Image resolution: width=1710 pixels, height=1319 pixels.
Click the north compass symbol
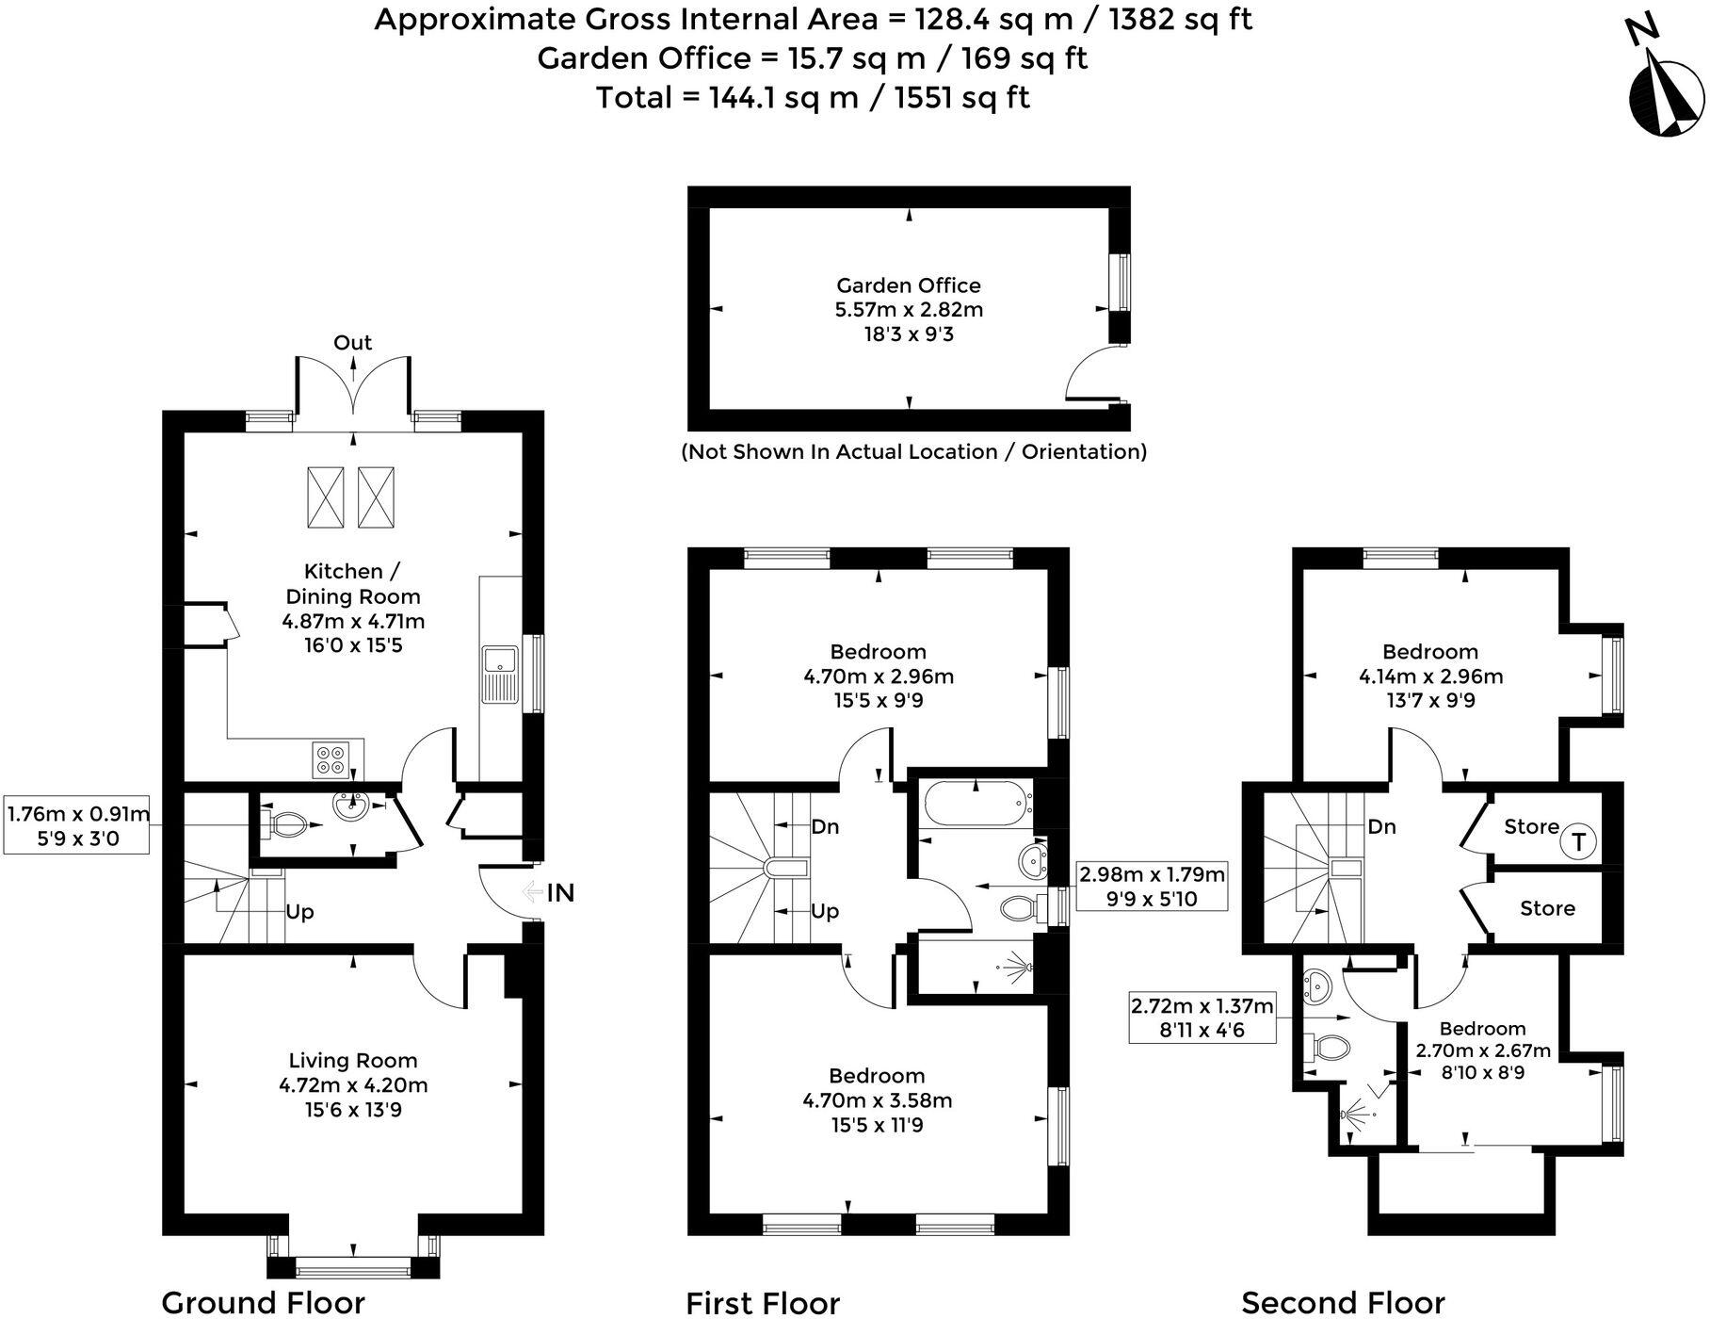pos(1665,90)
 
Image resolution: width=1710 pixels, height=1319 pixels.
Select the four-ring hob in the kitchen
pos(331,759)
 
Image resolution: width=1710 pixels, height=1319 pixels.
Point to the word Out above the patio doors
pos(352,343)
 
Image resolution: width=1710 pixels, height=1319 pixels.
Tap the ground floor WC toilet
pos(287,825)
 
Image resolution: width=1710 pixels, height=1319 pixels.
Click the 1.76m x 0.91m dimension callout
pos(77,825)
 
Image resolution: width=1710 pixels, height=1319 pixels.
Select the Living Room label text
pos(352,1084)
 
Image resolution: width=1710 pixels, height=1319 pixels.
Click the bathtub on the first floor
pos(976,804)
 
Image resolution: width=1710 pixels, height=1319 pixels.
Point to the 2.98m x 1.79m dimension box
pos(1152,886)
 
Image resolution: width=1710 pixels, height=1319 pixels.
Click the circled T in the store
pos(1578,841)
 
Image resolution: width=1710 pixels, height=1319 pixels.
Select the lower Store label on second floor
pos(1547,908)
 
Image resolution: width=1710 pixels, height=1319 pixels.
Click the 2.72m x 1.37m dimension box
pos(1202,1018)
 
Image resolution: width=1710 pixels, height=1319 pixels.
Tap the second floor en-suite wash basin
pos(1316,986)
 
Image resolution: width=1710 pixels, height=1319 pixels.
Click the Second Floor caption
pos(1342,1303)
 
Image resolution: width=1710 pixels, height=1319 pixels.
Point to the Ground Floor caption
pos(263,1303)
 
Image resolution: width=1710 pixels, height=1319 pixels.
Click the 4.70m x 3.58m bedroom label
pos(877,1099)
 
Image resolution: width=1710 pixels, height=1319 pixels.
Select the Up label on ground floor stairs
pos(299,912)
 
